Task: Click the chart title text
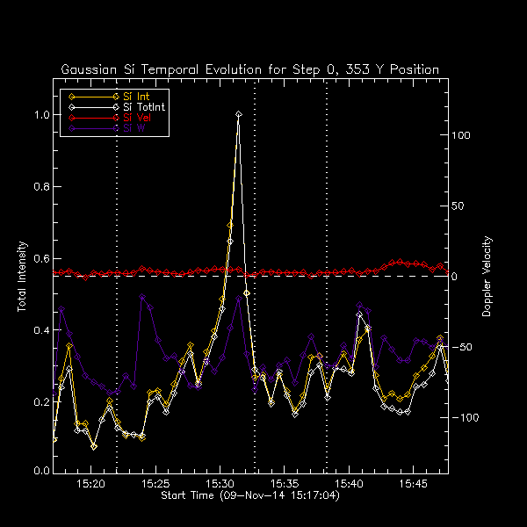pyautogui.click(x=250, y=69)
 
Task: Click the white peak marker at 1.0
pyautogui.click(x=238, y=114)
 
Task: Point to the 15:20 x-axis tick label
pyautogui.click(x=90, y=484)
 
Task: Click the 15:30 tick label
pyautogui.click(x=220, y=484)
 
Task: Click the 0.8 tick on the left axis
pyautogui.click(x=40, y=187)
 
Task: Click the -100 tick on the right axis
pyautogui.click(x=466, y=418)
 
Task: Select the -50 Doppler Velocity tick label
pyautogui.click(x=463, y=348)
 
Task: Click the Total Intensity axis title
pyautogui.click(x=22, y=277)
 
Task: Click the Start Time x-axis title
pyautogui.click(x=250, y=496)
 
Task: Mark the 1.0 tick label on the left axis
pyautogui.click(x=40, y=115)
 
